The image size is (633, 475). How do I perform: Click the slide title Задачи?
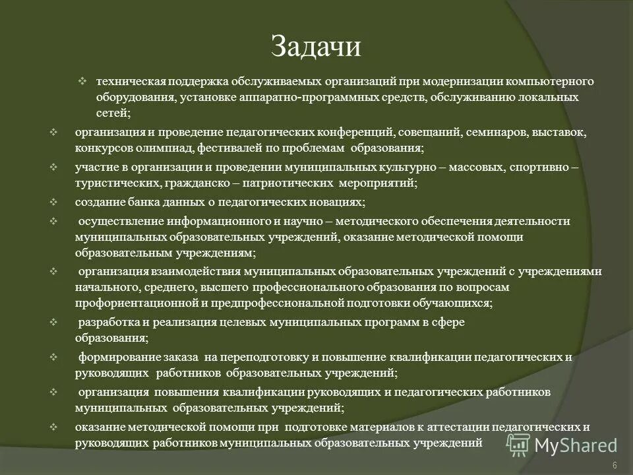click(x=316, y=46)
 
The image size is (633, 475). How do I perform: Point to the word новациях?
click(x=332, y=202)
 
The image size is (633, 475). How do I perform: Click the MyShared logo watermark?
click(x=562, y=445)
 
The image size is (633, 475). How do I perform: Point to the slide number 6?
click(x=615, y=466)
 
